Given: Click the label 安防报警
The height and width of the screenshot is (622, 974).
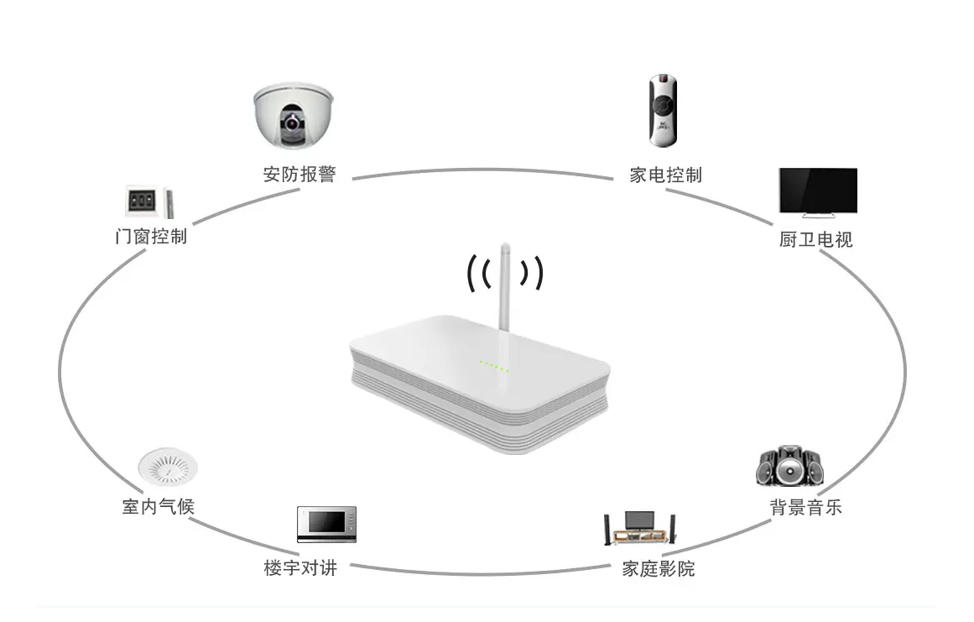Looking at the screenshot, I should tap(299, 175).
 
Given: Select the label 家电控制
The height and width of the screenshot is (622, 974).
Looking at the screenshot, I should tap(665, 175).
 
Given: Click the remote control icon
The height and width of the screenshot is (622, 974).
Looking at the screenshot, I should tap(663, 110).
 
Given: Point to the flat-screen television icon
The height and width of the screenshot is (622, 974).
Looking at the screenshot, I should tap(817, 192).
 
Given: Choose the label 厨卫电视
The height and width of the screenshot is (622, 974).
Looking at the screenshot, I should tap(815, 239).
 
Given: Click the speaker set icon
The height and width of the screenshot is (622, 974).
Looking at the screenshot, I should tap(789, 467).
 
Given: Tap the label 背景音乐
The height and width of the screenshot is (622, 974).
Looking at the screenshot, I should tap(805, 507).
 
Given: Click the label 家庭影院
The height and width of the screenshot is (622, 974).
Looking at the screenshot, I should tap(659, 568).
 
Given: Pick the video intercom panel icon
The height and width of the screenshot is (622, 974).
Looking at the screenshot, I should tap(326, 525).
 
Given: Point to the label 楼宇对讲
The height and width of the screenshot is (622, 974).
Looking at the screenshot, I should tap(300, 567).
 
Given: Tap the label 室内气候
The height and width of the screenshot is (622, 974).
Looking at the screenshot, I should tap(158, 506).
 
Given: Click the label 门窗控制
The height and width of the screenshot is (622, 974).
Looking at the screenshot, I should tap(150, 236).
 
